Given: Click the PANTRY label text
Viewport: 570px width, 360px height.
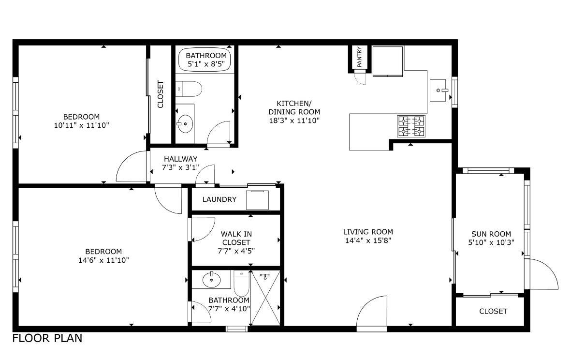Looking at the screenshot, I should click(359, 57).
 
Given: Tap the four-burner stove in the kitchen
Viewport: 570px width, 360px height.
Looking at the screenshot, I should click(411, 126).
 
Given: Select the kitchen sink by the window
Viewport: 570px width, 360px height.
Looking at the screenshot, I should click(439, 90).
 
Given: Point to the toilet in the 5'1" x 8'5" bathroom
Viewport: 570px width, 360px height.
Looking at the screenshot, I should click(189, 89).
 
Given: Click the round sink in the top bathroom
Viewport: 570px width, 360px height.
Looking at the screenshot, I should click(184, 124).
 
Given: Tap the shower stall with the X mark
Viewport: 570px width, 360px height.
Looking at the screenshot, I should click(265, 298).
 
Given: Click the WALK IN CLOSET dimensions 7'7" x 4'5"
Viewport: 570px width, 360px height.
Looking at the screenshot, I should click(236, 251).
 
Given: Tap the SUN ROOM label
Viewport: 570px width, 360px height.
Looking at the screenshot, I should click(491, 234).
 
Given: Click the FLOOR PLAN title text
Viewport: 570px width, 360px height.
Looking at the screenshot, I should click(47, 338).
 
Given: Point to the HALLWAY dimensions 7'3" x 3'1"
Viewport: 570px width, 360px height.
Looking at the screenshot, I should click(180, 167).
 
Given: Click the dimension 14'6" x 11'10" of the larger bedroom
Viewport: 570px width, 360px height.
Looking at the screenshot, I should click(104, 260).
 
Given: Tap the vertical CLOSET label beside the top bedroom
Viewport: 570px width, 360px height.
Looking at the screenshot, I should click(161, 94).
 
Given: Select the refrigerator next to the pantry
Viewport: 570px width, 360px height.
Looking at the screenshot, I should click(388, 61).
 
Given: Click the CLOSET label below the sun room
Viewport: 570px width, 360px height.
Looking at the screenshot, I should click(493, 311).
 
